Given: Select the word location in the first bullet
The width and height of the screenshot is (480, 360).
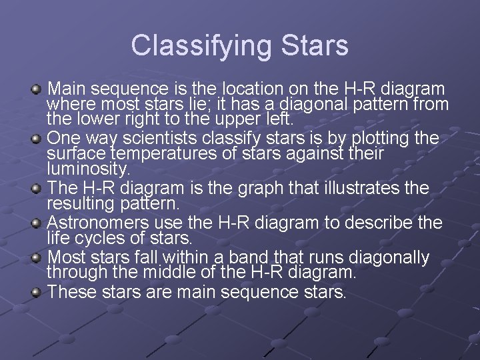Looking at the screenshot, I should coord(249,89).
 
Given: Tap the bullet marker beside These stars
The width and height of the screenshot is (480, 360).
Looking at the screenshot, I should coord(38,292).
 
